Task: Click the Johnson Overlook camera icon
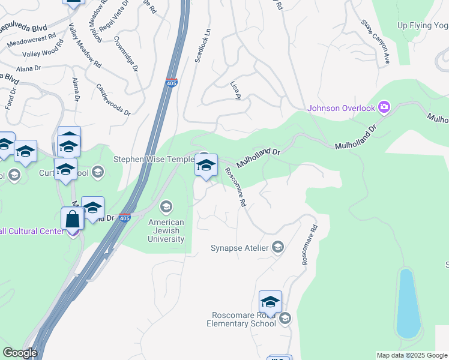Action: [384, 108]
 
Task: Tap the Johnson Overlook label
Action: [341, 109]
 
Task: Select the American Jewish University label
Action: [166, 230]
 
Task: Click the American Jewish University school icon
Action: [166, 207]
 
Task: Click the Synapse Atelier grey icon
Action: [278, 247]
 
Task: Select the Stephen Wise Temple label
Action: [154, 160]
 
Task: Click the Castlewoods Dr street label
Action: [113, 99]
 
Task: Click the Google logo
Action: [20, 353]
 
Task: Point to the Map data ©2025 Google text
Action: [411, 355]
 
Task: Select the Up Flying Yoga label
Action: [423, 25]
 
